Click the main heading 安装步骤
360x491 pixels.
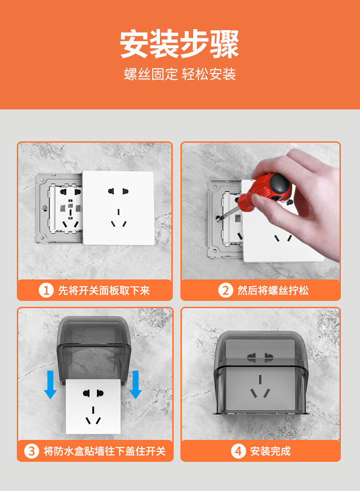[x=180, y=44]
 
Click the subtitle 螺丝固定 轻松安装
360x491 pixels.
[x=180, y=74]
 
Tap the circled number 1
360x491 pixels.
[x=46, y=290]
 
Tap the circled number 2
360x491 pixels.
[x=226, y=290]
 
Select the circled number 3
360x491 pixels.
[x=31, y=451]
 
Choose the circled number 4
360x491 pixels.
[x=238, y=451]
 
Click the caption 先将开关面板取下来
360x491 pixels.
[x=104, y=290]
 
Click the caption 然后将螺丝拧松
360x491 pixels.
[x=273, y=290]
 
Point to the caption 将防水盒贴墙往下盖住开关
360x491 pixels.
[x=104, y=451]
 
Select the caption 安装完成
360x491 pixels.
[x=271, y=451]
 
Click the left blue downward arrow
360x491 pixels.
[x=50, y=384]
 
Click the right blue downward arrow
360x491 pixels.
[x=135, y=384]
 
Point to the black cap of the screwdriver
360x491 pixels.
[x=279, y=184]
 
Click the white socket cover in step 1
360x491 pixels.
[x=118, y=207]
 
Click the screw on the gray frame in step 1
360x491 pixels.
[x=45, y=207]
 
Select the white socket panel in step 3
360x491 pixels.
[x=93, y=406]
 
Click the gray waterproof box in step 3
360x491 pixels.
[x=93, y=349]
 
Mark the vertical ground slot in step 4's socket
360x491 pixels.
[x=260, y=379]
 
